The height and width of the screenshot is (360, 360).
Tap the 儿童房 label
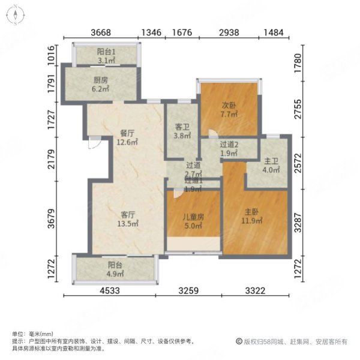(193, 218)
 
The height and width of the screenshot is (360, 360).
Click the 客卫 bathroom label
(182, 127)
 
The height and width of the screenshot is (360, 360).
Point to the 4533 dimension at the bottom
(112, 292)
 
